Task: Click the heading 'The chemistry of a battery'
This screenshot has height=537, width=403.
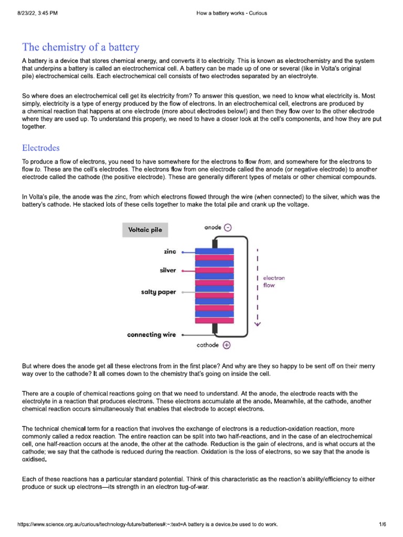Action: click(80, 48)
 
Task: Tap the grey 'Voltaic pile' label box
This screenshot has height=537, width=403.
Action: click(145, 230)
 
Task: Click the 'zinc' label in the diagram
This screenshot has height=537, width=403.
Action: click(169, 252)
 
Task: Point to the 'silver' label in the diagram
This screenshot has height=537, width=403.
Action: click(168, 271)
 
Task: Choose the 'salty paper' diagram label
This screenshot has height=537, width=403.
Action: click(158, 291)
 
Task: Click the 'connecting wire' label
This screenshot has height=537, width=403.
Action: click(152, 335)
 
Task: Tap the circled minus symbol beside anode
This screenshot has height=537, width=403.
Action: click(227, 228)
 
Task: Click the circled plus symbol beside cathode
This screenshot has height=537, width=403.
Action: click(226, 346)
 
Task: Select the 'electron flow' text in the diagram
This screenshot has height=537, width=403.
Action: click(273, 282)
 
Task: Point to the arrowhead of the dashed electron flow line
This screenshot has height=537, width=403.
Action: click(257, 323)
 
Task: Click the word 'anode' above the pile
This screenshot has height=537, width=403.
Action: click(212, 228)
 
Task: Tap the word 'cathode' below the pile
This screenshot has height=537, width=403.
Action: click(207, 346)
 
